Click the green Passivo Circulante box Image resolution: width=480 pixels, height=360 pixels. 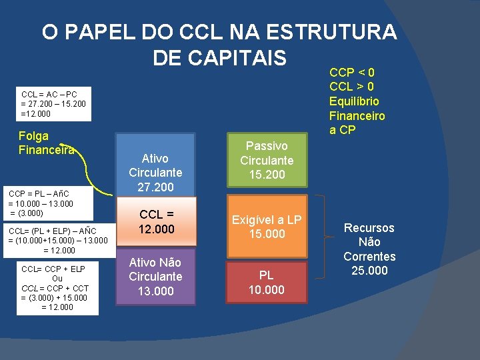pyautogui.click(x=267, y=160)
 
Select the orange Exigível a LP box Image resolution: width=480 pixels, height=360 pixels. pyautogui.click(x=267, y=227)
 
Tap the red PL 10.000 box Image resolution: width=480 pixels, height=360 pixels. pyautogui.click(x=267, y=281)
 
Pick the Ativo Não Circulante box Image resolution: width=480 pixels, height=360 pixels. pyautogui.click(x=155, y=276)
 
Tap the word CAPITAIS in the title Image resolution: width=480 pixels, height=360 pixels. pyautogui.click(x=219, y=58)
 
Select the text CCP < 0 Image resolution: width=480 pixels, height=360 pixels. pyautogui.click(x=352, y=72)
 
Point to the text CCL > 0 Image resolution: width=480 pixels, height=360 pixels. pyautogui.click(x=352, y=87)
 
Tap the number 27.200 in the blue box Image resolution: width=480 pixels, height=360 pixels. pyautogui.click(x=155, y=188)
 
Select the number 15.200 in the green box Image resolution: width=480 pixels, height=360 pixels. pyautogui.click(x=267, y=175)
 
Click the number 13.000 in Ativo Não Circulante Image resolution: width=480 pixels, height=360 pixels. pyautogui.click(x=155, y=291)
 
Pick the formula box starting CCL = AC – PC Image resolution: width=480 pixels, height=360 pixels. pyautogui.click(x=53, y=105)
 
